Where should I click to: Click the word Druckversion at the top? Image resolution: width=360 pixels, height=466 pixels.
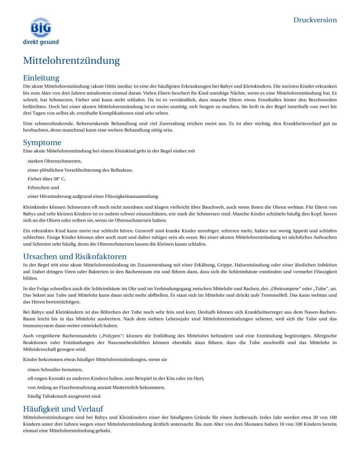tap(315, 20)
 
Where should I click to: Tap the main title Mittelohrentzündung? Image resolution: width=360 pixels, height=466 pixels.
tap(71, 60)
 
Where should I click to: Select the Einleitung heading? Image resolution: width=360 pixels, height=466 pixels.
tap(42, 77)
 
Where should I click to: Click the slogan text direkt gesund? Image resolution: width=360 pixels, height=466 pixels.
tap(41, 42)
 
